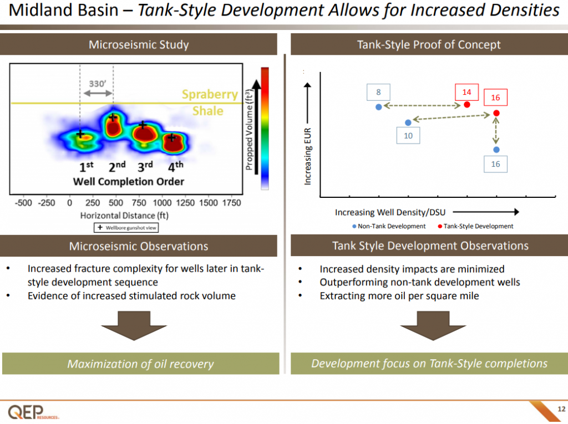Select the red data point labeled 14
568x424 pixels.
(467, 105)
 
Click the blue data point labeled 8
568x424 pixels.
(378, 107)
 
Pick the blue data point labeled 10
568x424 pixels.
(408, 122)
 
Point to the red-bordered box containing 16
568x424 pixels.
(495, 98)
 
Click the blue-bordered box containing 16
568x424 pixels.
(495, 164)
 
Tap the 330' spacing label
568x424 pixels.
(97, 84)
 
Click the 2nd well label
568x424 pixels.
(116, 166)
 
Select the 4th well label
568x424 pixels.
(175, 166)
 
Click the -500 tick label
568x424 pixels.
(23, 203)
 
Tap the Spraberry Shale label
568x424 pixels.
(209, 103)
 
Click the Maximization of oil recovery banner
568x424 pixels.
(140, 364)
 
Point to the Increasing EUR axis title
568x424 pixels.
(308, 156)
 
